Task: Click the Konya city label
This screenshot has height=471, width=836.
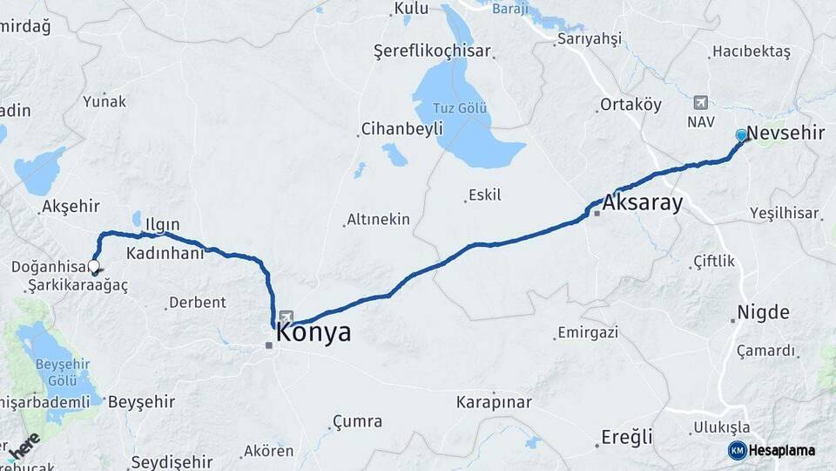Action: [315, 332]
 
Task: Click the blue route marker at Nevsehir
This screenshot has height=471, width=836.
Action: [741, 135]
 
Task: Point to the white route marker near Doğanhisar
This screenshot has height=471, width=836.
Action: [93, 268]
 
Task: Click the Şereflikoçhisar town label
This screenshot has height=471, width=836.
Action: [432, 51]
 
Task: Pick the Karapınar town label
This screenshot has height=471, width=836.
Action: [493, 402]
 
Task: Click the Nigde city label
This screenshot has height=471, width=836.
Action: [763, 312]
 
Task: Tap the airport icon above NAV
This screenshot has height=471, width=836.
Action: [701, 102]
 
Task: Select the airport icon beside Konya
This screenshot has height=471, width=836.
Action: [287, 317]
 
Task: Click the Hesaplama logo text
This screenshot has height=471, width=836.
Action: [782, 450]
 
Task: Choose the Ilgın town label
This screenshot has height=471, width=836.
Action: [164, 222]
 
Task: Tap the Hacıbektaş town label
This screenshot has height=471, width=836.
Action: [751, 51]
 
